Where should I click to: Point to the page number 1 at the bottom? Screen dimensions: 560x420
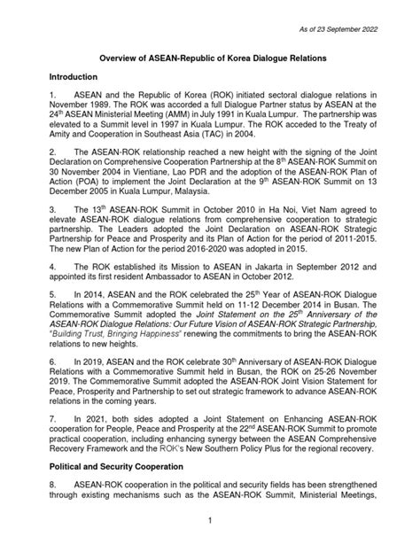point(209,544)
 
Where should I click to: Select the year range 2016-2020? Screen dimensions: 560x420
point(179,273)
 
